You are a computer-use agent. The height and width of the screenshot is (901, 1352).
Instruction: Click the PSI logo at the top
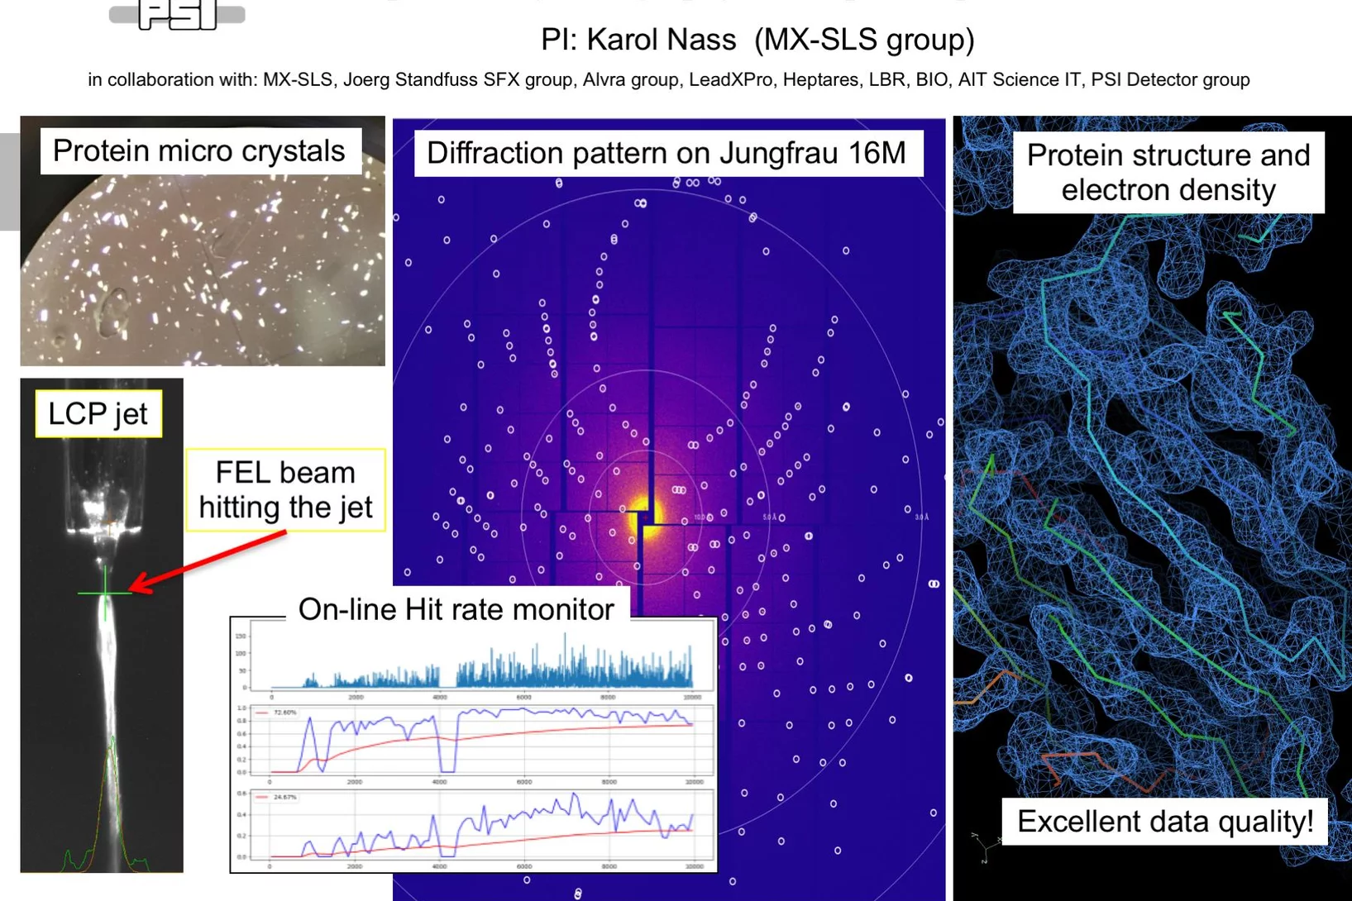pos(177,15)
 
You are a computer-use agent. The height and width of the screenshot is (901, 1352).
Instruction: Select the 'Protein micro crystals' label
pos(199,151)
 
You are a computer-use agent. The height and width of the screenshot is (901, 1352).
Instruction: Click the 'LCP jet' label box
pos(98,413)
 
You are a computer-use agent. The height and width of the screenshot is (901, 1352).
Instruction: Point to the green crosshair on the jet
pos(105,593)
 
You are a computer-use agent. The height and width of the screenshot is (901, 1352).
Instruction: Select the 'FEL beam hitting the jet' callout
pos(285,490)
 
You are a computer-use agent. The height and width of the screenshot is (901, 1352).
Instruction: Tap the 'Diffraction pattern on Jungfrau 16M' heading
pos(666,154)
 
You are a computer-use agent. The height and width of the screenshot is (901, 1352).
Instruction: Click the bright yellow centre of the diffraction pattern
pos(643,517)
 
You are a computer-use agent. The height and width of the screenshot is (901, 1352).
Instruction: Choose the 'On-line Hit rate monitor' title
pos(456,609)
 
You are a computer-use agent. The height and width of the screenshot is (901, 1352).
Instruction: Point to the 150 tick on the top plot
pos(241,636)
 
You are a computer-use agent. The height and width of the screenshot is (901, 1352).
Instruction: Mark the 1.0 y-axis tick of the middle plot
pos(241,708)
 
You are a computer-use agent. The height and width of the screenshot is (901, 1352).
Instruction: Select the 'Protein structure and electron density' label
pos(1168,173)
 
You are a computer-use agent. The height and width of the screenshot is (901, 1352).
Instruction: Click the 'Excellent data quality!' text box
pos(1164,822)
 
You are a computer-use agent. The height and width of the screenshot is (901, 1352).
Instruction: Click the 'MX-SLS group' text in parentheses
pos(864,40)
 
